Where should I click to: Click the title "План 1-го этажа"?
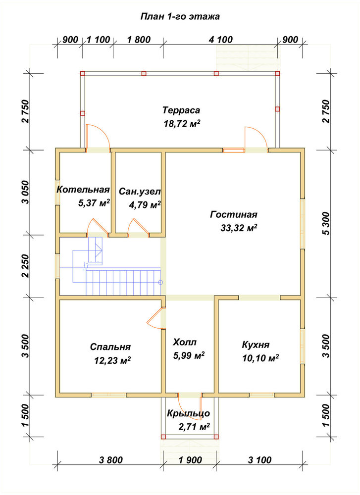coord(180,16)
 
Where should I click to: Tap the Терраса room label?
coord(182,110)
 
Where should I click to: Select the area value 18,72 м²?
coord(182,123)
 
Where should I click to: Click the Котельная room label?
coord(83,190)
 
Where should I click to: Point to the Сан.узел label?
coord(140,192)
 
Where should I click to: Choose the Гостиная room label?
coord(234,215)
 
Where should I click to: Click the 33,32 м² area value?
coord(239,228)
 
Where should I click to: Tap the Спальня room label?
coord(110,347)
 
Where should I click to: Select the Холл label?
coord(185,342)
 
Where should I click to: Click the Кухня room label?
coord(256,345)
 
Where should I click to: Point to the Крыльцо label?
coord(189,413)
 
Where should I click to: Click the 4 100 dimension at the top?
coord(221,40)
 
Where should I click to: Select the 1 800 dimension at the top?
coord(139,40)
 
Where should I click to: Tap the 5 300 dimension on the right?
coord(326,223)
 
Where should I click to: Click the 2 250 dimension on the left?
coord(26,266)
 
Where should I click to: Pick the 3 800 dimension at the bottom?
coord(110,460)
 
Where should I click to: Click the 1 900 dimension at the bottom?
coord(190,460)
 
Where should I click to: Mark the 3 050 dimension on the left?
coord(26,192)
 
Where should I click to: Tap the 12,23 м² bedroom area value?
coord(113,360)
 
